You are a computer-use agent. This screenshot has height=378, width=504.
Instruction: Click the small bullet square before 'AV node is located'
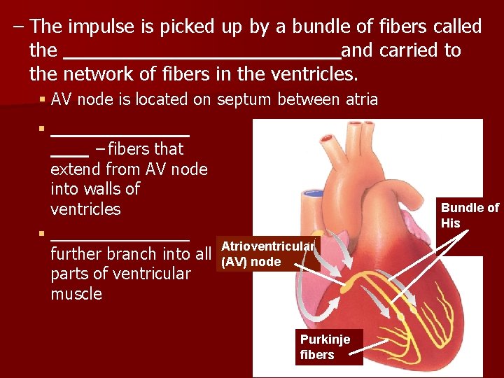click(x=43, y=100)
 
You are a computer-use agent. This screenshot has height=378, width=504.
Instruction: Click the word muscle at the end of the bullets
click(x=76, y=294)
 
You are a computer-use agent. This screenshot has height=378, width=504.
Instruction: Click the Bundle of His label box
click(x=469, y=215)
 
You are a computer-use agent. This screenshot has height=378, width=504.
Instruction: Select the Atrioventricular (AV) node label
click(x=269, y=253)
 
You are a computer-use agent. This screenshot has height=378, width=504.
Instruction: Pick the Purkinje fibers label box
click(x=330, y=346)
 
